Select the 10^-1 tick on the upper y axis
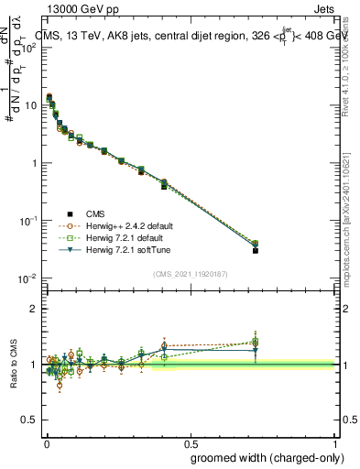tap(27, 221)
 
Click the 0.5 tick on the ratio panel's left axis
tap(28, 420)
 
